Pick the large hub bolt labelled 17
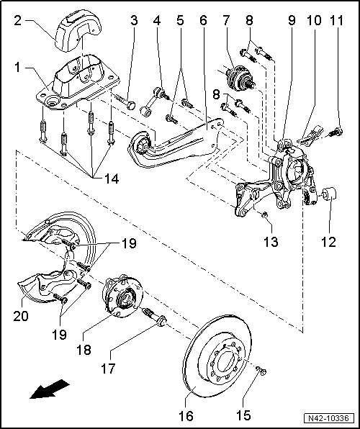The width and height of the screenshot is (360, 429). pos(156,316)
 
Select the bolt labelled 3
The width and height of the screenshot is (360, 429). pos(129,105)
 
